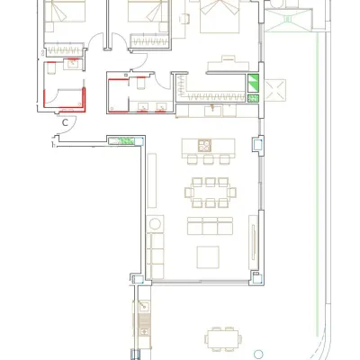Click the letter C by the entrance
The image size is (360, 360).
tap(66, 122)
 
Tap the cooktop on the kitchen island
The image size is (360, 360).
tap(205, 146)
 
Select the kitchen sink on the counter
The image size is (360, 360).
tap(213, 111)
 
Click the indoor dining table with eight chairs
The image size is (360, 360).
tap(211, 193)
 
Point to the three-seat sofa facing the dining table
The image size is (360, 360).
tap(210, 226)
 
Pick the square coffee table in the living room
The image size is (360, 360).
tap(208, 257)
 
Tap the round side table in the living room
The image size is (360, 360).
tap(155, 224)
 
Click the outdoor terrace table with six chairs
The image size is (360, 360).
tap(223, 339)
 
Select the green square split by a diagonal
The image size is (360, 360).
tap(253, 83)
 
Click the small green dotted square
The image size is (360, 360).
tap(254, 98)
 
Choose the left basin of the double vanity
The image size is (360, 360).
tap(143, 106)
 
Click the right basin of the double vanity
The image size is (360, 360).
tap(162, 106)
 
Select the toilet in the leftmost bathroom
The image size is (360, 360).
tap(51, 67)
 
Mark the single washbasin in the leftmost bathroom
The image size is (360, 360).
tap(73, 64)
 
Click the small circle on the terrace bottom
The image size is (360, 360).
tap(258, 355)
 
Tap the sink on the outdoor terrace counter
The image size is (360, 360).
tap(144, 306)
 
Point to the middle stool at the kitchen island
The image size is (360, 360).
tap(208, 159)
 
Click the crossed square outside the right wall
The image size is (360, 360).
tap(274, 90)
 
